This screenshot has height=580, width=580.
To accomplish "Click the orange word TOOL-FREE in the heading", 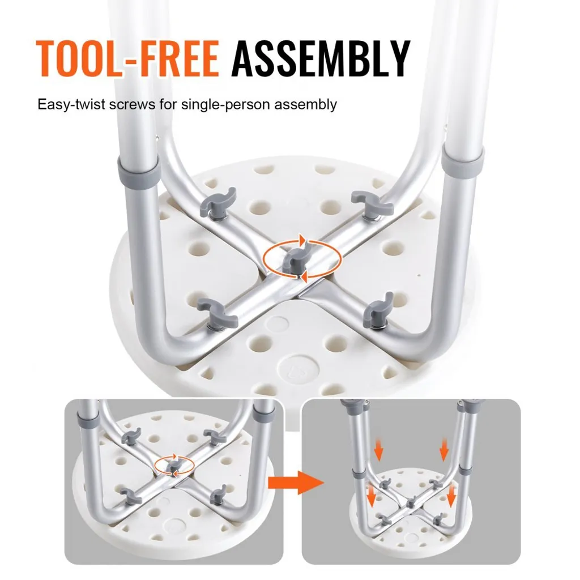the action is point(128,58).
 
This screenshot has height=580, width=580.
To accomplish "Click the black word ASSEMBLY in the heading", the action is point(321,58).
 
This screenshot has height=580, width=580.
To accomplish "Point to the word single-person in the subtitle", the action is point(225,105).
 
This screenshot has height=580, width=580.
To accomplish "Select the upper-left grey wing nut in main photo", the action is point(218,202).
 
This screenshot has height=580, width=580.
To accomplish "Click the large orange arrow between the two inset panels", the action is point(296,483).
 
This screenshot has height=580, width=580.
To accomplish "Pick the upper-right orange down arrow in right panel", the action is point(444,449).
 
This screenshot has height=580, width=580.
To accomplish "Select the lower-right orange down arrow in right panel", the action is point(451,496).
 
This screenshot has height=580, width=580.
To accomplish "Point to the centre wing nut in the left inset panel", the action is point(172,467).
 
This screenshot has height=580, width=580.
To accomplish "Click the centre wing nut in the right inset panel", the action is point(411,503).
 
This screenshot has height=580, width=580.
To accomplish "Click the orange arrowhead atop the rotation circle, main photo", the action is point(303,240).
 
